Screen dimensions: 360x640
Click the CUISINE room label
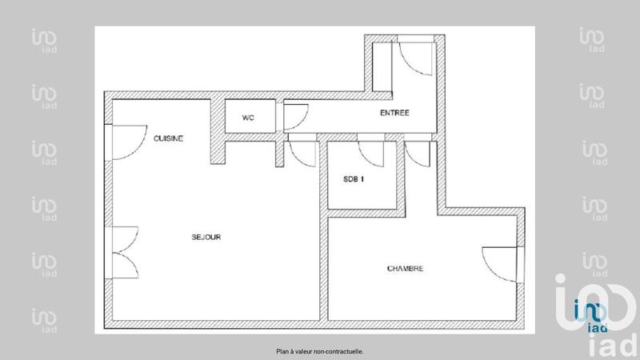pos(169,138)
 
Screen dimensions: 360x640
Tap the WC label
pos(249,117)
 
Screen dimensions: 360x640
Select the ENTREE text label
pos(394,114)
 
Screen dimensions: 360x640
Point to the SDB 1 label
pos(353,179)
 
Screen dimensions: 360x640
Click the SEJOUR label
pos(206,238)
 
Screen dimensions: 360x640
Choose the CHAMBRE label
pos(405,269)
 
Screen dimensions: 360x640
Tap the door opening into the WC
pos(294,117)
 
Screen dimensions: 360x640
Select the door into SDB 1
pos(369,151)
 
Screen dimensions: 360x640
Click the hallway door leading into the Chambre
pos(418,153)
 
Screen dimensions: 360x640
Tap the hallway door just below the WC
pos(302,150)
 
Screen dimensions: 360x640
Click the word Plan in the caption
pos(282,350)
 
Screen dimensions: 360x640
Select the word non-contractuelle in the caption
pos(341,350)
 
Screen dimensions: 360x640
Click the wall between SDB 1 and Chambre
pos(364,214)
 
